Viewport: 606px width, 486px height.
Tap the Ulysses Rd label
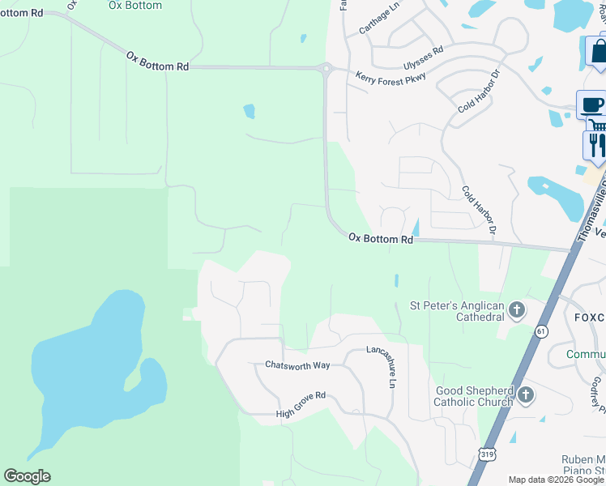point(423,58)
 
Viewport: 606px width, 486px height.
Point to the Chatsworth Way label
point(297,365)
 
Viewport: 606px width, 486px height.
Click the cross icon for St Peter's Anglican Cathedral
point(517,309)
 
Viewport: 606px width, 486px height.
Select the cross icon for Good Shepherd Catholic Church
point(525,395)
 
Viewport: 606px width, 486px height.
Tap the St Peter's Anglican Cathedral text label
point(457,311)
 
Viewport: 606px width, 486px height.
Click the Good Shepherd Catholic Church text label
point(473,396)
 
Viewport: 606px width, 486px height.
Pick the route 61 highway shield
point(540,330)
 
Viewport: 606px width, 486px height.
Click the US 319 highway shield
point(487,455)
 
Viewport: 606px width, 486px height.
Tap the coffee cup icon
point(591,104)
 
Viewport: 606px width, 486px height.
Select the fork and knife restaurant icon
point(596,144)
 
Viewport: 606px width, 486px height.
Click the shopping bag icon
point(598,52)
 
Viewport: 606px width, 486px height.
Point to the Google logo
point(27,476)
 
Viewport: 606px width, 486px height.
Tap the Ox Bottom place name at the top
point(134,6)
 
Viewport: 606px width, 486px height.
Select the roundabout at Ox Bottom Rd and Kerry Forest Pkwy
point(326,70)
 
